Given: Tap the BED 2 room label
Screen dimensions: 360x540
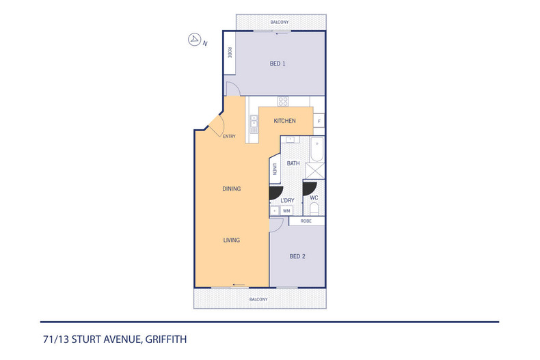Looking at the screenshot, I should (x=297, y=257).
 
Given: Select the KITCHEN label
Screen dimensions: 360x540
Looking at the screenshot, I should (x=284, y=121).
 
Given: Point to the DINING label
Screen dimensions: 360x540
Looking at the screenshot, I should (x=232, y=189).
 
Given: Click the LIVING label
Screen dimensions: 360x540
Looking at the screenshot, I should (x=232, y=240).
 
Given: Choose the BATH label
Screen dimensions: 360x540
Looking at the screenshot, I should (x=293, y=164).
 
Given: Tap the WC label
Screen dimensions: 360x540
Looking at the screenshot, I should (x=314, y=198).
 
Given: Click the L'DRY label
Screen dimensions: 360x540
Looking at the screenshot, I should (x=287, y=200).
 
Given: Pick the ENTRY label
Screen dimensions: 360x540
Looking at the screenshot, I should (x=229, y=137).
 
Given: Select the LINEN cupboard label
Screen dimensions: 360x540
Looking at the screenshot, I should (x=275, y=170).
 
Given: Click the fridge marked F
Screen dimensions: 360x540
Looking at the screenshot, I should (x=319, y=122).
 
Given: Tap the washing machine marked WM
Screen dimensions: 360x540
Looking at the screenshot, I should (x=286, y=211).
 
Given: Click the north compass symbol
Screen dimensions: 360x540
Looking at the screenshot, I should (x=194, y=40).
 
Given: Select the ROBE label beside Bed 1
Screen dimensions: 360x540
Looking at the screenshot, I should (x=230, y=53).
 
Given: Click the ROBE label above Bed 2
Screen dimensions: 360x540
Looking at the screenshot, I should (x=306, y=221).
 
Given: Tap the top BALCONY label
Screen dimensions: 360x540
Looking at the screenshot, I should (x=279, y=23).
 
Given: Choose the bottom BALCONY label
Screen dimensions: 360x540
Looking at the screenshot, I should (x=258, y=299).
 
